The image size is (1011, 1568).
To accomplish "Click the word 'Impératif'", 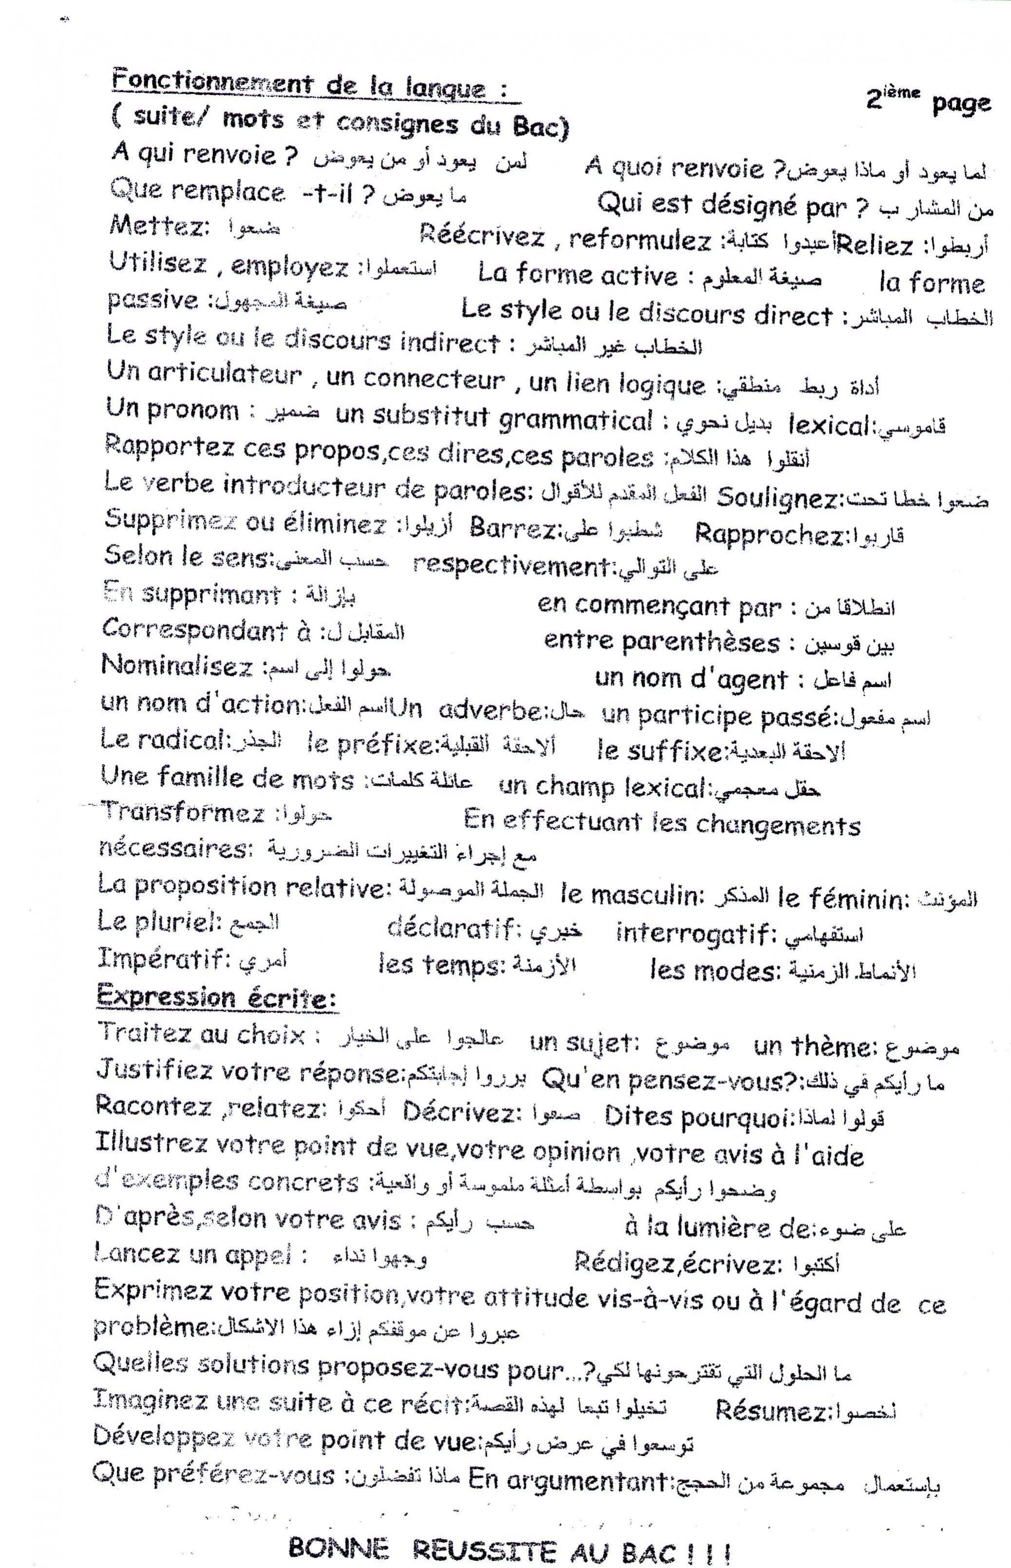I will (x=160, y=959).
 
